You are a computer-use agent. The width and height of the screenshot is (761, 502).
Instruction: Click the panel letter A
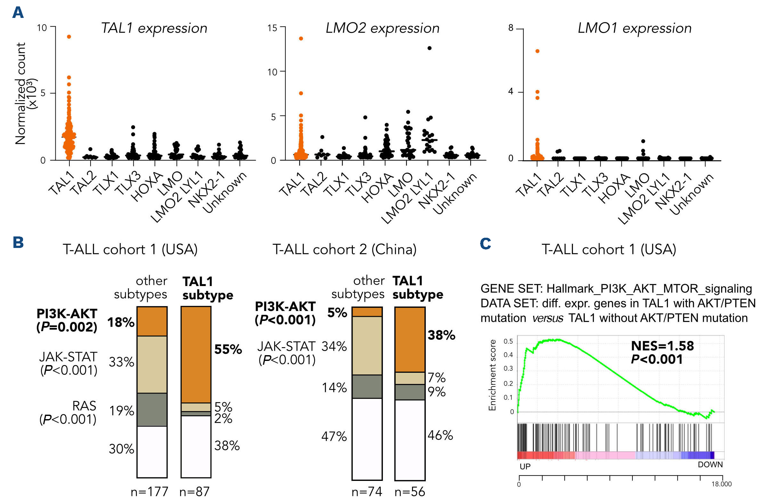pyautogui.click(x=18, y=13)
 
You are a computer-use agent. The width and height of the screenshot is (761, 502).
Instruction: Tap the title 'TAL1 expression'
pyautogui.click(x=154, y=28)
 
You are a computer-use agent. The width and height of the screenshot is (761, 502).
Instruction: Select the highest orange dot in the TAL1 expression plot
pyautogui.click(x=69, y=37)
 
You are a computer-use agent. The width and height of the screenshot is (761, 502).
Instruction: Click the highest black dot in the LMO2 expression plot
pyautogui.click(x=430, y=48)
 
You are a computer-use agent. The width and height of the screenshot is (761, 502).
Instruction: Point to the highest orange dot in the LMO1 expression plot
pyautogui.click(x=537, y=51)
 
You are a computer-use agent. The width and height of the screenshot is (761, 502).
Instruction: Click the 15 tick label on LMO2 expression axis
pyautogui.click(x=272, y=28)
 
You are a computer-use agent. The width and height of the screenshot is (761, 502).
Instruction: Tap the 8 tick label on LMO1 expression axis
pyautogui.click(x=511, y=28)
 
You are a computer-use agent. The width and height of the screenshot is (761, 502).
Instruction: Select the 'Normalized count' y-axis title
pyautogui.click(x=21, y=93)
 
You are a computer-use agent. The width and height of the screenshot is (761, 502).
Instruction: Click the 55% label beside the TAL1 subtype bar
pyautogui.click(x=228, y=349)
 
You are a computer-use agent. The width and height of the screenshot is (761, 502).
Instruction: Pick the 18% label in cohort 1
pyautogui.click(x=121, y=323)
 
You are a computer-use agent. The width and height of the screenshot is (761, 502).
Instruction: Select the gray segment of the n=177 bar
pyautogui.click(x=152, y=410)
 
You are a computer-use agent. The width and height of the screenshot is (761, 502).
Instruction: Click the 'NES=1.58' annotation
pyautogui.click(x=662, y=346)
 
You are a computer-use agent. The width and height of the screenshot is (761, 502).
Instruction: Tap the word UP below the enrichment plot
pyautogui.click(x=525, y=466)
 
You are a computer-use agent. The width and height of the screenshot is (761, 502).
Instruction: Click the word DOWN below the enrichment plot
pyautogui.click(x=710, y=465)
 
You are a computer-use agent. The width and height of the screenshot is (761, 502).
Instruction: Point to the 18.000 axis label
pyautogui.click(x=721, y=484)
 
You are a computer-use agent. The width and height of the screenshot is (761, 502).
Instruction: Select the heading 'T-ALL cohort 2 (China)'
pyautogui.click(x=344, y=249)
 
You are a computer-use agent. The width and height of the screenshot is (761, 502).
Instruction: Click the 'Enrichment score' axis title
pyautogui.click(x=492, y=375)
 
